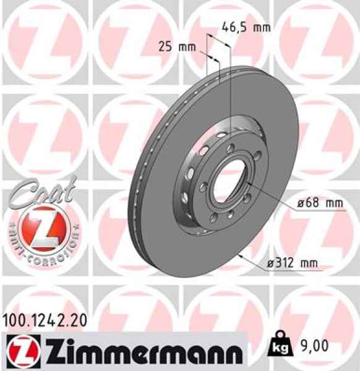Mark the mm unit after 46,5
tap(262, 28)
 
